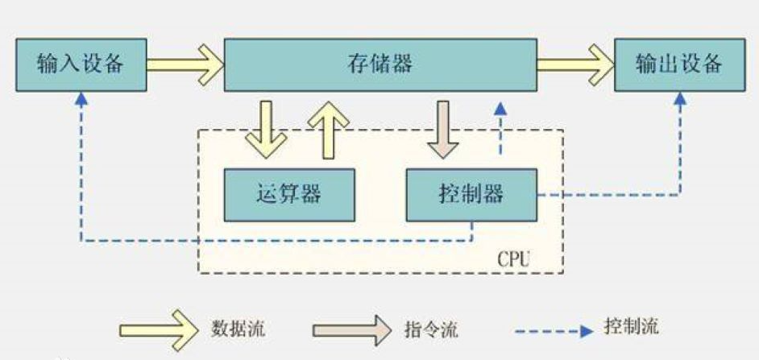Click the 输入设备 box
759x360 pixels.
click(x=81, y=64)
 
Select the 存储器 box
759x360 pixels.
click(x=382, y=64)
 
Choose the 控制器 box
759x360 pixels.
click(x=471, y=194)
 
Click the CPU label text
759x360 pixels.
click(x=515, y=260)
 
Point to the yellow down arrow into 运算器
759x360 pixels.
click(x=266, y=128)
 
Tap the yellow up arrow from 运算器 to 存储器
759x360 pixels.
click(x=328, y=128)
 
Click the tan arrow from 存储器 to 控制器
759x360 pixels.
click(x=442, y=128)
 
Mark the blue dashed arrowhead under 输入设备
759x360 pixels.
click(x=81, y=97)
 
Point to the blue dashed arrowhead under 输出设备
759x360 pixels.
click(x=680, y=97)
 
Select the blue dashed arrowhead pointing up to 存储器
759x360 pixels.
click(x=501, y=107)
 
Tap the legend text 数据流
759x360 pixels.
click(x=238, y=328)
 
